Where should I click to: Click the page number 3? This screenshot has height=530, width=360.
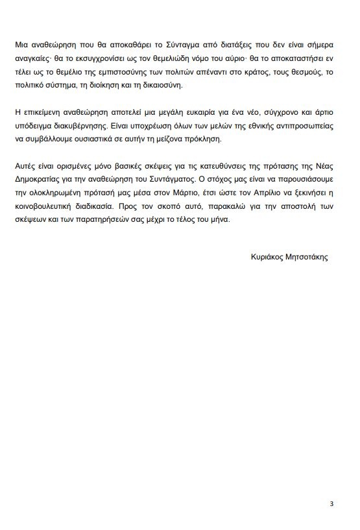pyautogui.click(x=331, y=503)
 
